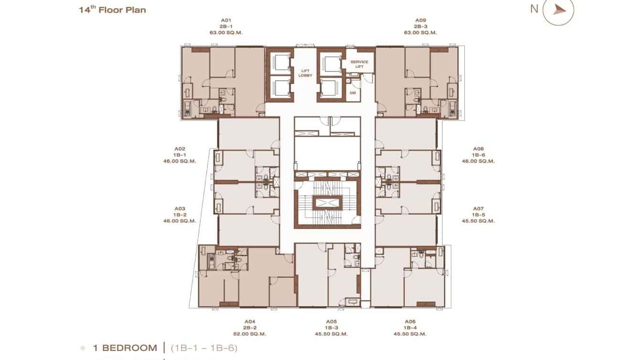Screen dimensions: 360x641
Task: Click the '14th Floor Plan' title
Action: pyautogui.click(x=112, y=10)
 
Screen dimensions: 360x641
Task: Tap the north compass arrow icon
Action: pyautogui.click(x=559, y=10)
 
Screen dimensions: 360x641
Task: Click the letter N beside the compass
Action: pyautogui.click(x=534, y=9)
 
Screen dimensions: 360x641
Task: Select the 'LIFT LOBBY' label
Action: pyautogui.click(x=304, y=73)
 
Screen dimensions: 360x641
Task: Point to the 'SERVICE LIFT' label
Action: pyautogui.click(x=359, y=64)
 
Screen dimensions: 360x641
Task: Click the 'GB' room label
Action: pyautogui.click(x=353, y=93)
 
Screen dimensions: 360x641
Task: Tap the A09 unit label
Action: pyautogui.click(x=420, y=21)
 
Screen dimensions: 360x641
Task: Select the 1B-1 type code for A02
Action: pyautogui.click(x=180, y=155)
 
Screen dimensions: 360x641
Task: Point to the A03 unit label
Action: pyautogui.click(x=180, y=209)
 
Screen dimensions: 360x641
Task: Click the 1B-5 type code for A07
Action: pyautogui.click(x=478, y=215)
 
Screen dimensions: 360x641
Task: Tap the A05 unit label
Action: pyautogui.click(x=331, y=321)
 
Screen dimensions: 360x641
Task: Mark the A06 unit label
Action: pyautogui.click(x=410, y=321)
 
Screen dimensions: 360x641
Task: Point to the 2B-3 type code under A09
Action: pyautogui.click(x=420, y=27)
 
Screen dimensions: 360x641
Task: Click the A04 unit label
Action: pyautogui.click(x=250, y=321)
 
